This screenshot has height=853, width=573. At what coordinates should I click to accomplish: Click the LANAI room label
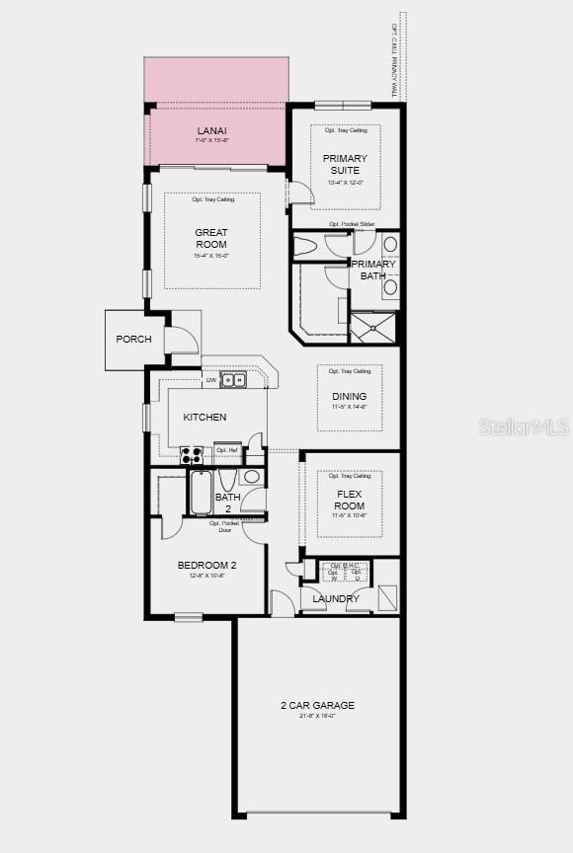(x=210, y=130)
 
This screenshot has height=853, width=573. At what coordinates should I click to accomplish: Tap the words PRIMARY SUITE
(x=345, y=164)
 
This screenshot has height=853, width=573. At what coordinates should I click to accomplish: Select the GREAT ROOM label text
(x=210, y=239)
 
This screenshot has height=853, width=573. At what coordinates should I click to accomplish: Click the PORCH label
(x=133, y=340)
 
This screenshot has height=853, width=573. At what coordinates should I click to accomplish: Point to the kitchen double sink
(x=233, y=379)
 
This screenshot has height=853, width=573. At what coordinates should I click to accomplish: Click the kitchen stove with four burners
(x=192, y=455)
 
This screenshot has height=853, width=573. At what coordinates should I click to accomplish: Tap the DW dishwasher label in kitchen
(x=210, y=380)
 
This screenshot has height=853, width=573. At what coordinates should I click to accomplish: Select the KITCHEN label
(x=205, y=418)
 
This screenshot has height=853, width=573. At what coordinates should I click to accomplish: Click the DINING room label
(x=349, y=397)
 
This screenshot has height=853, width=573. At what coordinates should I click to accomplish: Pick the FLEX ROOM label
(x=350, y=500)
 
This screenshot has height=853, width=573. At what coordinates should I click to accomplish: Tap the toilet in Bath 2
(x=227, y=481)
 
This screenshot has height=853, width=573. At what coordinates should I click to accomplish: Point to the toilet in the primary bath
(x=305, y=245)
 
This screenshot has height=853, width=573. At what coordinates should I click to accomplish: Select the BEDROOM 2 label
(x=206, y=566)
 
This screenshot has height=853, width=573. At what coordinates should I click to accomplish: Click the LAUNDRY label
(x=336, y=599)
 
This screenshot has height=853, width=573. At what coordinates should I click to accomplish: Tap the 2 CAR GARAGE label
(x=317, y=705)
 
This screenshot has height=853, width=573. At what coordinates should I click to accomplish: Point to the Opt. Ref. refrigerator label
(x=227, y=450)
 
